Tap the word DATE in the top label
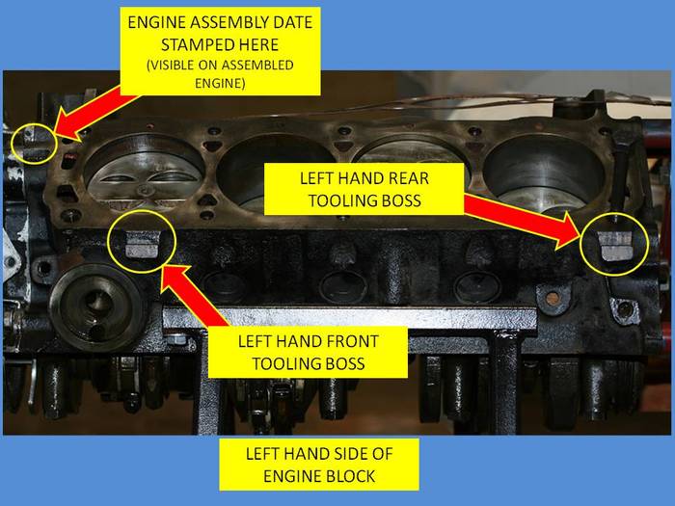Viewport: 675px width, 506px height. pos(291,22)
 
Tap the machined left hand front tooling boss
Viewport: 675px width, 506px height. pos(142,244)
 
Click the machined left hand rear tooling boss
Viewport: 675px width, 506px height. pos(615,246)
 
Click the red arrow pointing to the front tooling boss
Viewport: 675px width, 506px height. pos(193,297)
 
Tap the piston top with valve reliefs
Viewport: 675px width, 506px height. pos(144,176)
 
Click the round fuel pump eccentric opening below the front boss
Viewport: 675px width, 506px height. pos(96,306)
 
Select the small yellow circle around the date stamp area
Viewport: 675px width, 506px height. pos(34,144)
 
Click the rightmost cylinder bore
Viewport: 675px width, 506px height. pos(545,173)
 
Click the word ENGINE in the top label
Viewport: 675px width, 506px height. pos(156,22)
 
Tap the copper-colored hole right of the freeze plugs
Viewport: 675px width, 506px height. pos(552,298)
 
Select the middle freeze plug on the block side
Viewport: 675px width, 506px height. pos(342,285)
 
